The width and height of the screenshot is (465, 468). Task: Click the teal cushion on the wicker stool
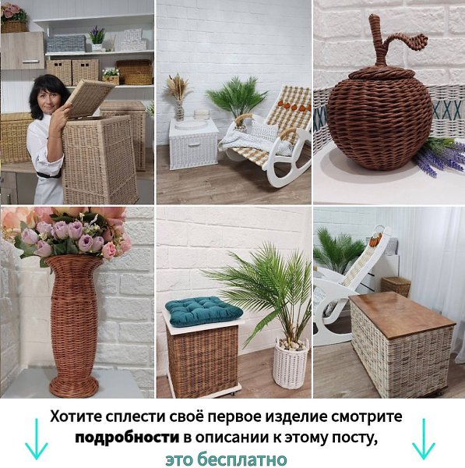[x=204, y=311]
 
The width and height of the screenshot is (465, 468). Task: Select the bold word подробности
[x=127, y=438]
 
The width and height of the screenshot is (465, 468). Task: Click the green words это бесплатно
[x=226, y=459]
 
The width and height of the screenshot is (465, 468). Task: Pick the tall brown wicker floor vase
[x=74, y=325]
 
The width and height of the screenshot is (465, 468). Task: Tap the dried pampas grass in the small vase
[x=178, y=88]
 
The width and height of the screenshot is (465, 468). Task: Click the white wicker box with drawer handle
[x=193, y=144]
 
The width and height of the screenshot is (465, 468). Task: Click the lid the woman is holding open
[x=91, y=97]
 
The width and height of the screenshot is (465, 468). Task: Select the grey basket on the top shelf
[x=66, y=44]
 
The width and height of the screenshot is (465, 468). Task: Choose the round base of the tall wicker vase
[x=74, y=387]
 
